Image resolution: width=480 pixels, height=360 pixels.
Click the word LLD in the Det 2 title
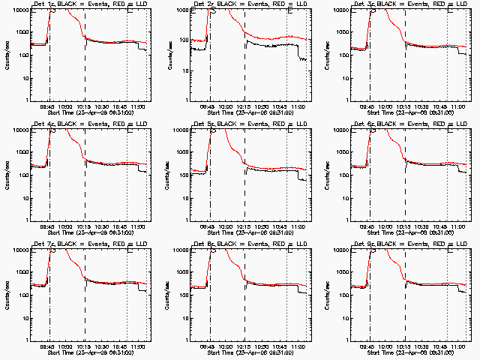click(299, 4)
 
